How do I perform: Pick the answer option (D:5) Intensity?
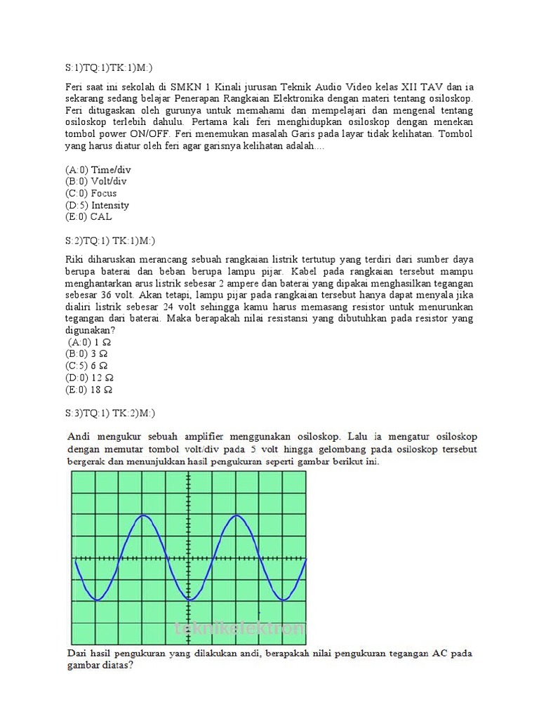(x=97, y=205)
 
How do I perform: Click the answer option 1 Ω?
(x=90, y=342)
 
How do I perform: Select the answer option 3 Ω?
(x=88, y=354)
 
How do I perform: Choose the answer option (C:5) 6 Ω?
(x=88, y=366)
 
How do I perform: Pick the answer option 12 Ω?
(x=90, y=378)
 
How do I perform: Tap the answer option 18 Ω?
(x=90, y=390)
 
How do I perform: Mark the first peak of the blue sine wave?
(x=144, y=516)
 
